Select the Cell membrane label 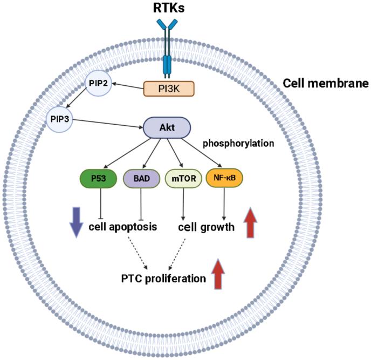point(326,84)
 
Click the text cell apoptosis point(123,227)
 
